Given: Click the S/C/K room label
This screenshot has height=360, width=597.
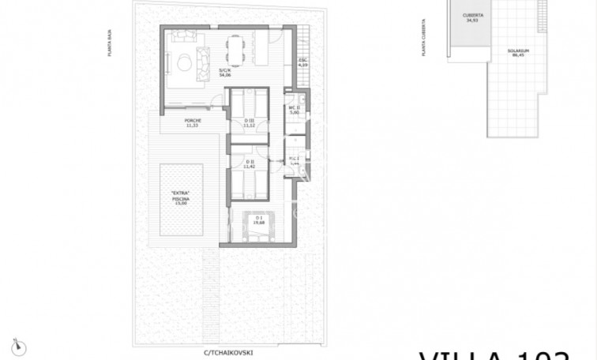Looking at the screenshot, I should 224,73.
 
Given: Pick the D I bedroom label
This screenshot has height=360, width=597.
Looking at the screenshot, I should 257,220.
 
